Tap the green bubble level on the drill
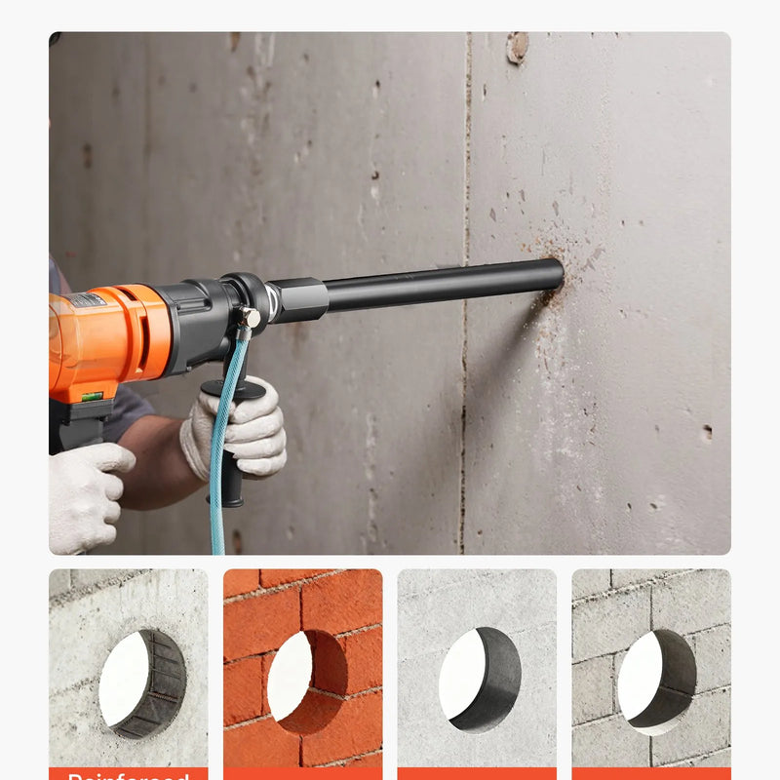[x=92, y=396]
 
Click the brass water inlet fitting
[x=249, y=318]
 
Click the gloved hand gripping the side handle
[x=239, y=429]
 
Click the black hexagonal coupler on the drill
[x=298, y=299]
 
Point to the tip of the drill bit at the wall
[x=558, y=274]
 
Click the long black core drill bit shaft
[x=439, y=284]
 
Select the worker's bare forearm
[x=156, y=458]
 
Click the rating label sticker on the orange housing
[x=87, y=300]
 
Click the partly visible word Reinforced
[x=128, y=776]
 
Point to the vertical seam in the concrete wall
[x=464, y=390]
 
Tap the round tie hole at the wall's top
[x=518, y=45]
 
